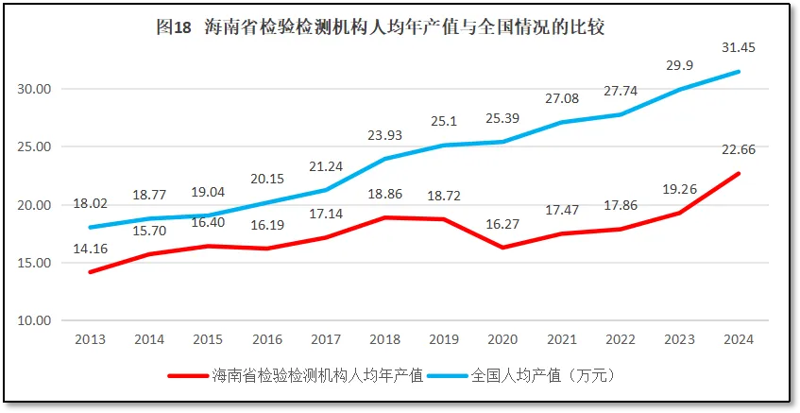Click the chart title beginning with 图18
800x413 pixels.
(x=380, y=27)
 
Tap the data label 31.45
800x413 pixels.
(x=739, y=47)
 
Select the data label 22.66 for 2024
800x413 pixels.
(x=739, y=149)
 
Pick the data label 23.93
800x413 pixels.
(x=385, y=134)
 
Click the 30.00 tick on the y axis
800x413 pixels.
(x=35, y=89)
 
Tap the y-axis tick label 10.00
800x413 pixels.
(x=35, y=320)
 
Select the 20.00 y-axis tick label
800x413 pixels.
(x=35, y=205)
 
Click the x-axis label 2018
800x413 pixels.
(x=385, y=339)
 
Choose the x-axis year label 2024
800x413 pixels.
(x=739, y=339)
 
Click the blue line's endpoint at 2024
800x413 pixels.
(x=739, y=72)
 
